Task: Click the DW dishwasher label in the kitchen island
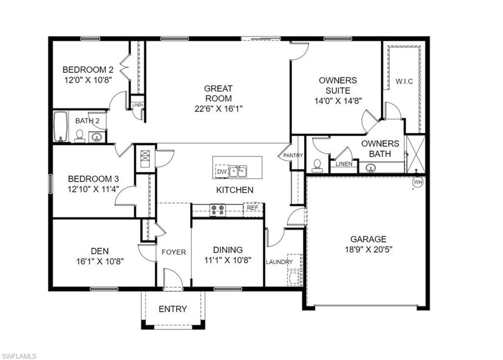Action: [222, 172]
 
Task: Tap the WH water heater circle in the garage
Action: [418, 182]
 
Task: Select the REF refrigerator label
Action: [252, 208]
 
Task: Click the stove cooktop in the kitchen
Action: [217, 210]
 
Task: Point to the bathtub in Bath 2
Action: [60, 126]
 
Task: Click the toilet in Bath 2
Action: [79, 136]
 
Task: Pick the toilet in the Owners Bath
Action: [317, 166]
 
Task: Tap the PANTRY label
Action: [293, 155]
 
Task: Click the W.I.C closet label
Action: [404, 82]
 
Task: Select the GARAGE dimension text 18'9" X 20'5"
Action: [368, 249]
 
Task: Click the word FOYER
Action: [173, 252]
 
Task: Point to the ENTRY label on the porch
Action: [172, 309]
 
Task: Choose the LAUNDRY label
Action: [279, 262]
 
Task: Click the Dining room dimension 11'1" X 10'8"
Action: [228, 260]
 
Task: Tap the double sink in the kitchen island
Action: [238, 171]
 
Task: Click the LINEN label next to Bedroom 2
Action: [138, 105]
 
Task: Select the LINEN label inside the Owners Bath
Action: [344, 164]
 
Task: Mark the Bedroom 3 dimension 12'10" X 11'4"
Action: [93, 189]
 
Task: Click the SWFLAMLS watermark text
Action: [19, 356]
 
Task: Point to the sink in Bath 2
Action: [96, 138]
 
